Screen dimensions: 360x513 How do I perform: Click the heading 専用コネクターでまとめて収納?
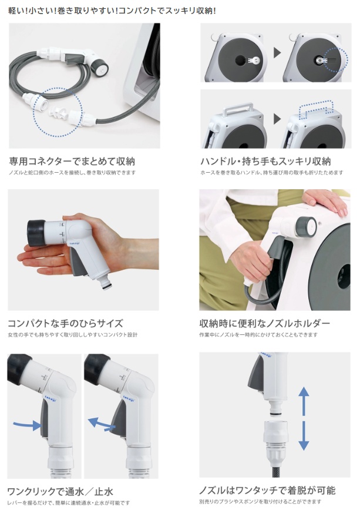(x=72, y=161)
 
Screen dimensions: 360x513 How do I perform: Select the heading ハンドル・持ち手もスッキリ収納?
(x=265, y=161)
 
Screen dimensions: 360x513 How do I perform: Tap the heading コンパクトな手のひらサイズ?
(x=65, y=323)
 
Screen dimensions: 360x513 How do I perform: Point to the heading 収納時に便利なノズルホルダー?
(x=264, y=323)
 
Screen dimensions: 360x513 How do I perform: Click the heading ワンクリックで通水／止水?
(x=60, y=491)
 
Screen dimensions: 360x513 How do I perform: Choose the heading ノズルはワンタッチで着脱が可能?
(x=267, y=490)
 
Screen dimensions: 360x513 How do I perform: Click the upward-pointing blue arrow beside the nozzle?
(x=304, y=401)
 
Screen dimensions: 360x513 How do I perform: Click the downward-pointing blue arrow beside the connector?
(x=304, y=436)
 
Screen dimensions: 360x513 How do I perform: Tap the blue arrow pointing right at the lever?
(x=28, y=425)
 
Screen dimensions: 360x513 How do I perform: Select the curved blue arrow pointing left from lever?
(x=102, y=423)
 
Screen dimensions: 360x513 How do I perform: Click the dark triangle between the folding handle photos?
(x=277, y=119)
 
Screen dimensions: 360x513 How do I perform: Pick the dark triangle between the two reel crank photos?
(x=277, y=53)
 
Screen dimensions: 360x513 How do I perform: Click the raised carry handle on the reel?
(x=238, y=108)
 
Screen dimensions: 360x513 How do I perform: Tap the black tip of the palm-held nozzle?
(x=36, y=233)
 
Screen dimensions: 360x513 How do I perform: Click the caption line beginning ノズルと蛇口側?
(x=72, y=172)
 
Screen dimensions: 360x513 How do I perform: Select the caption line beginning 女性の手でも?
(x=73, y=335)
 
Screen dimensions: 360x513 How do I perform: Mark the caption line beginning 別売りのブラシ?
(x=260, y=502)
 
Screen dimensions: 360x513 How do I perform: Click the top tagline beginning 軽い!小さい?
(x=112, y=11)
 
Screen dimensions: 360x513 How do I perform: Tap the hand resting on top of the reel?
(x=325, y=201)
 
